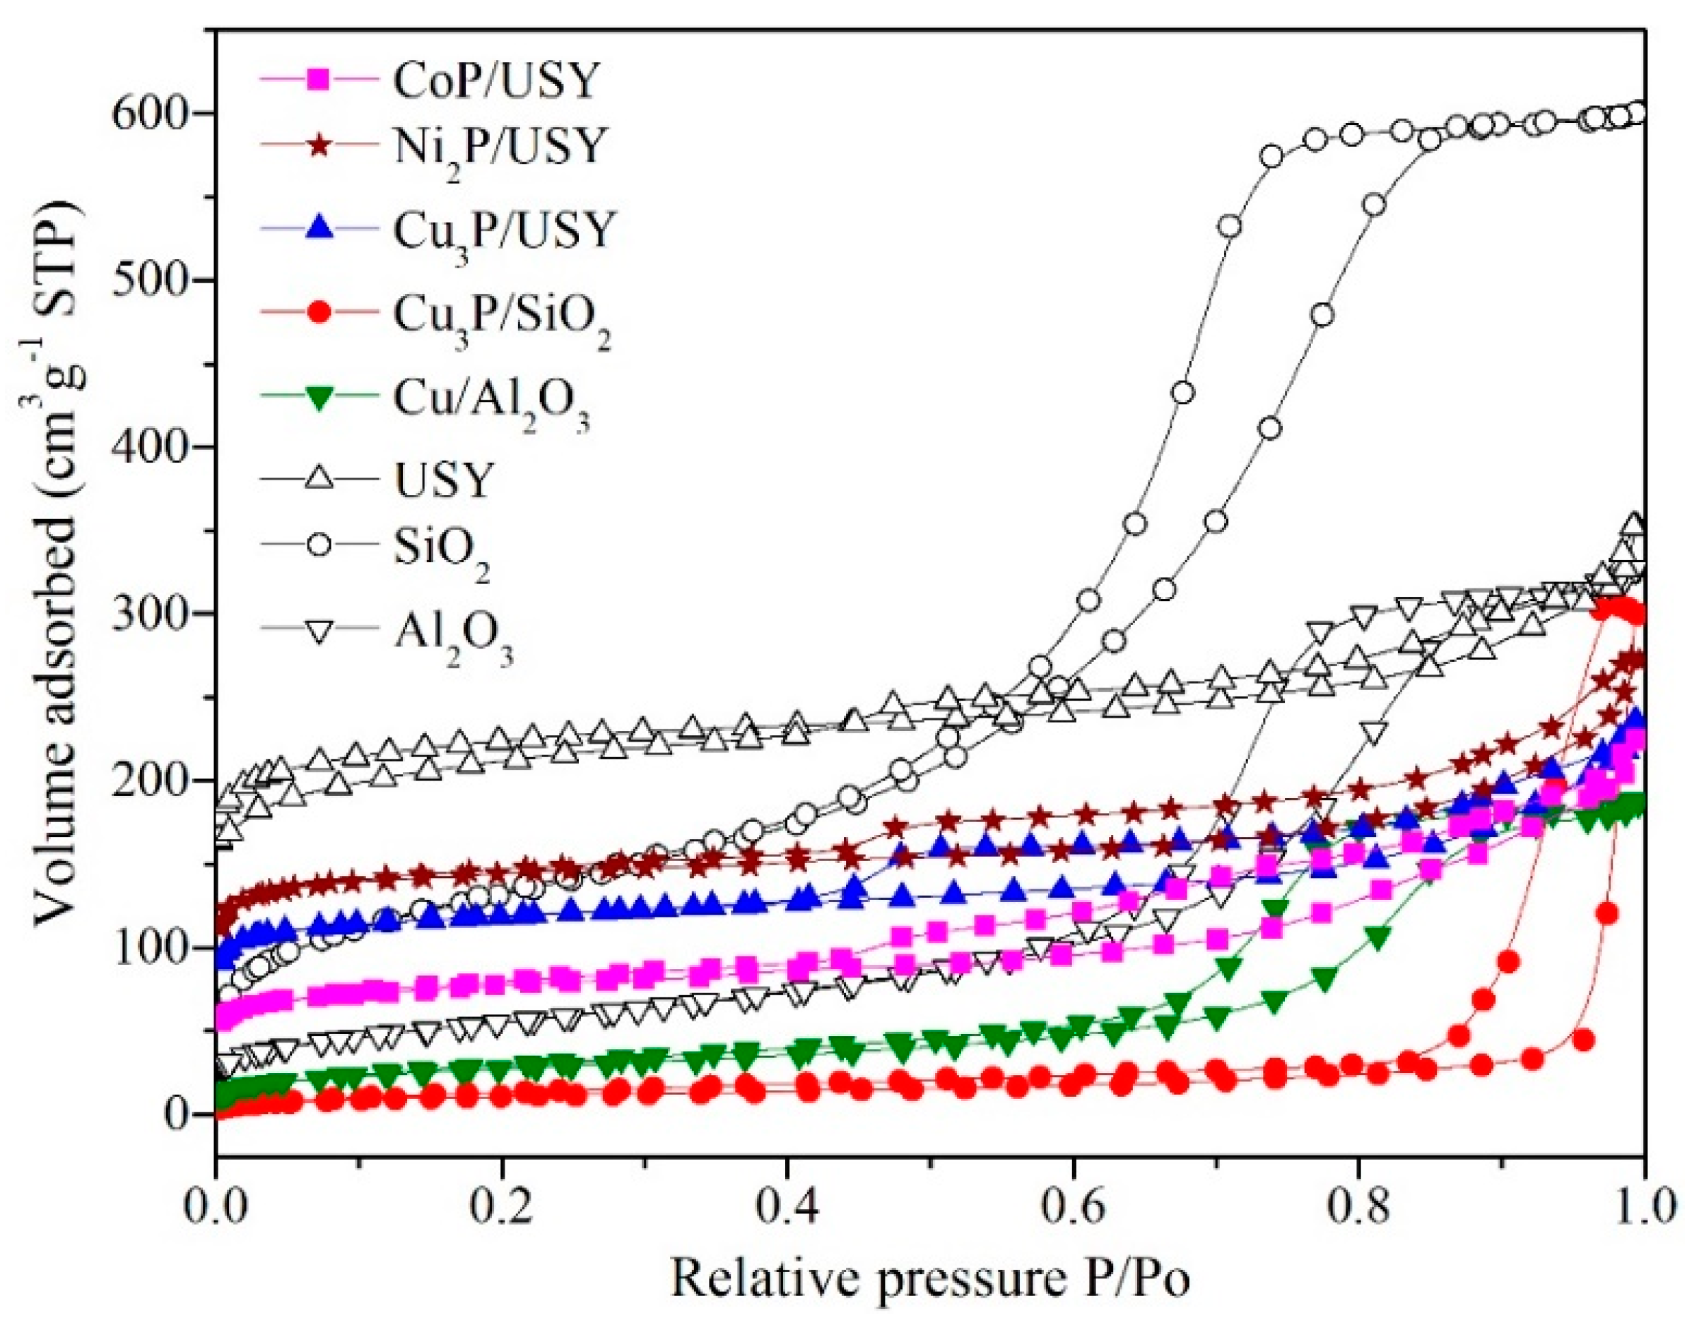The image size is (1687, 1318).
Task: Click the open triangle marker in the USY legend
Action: [319, 479]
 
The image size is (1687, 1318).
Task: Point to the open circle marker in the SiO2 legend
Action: [319, 545]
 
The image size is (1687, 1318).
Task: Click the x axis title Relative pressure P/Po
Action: [930, 1278]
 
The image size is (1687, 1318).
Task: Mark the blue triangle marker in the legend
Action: [319, 230]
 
